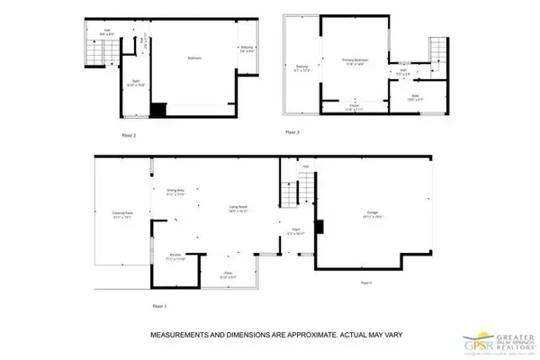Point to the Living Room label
(x=238, y=209)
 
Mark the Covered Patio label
(x=122, y=214)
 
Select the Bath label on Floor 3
(x=415, y=95)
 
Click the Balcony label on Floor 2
(x=247, y=49)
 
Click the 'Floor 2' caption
(x=129, y=136)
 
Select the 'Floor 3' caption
(x=293, y=132)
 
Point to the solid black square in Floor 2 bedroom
(x=158, y=110)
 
